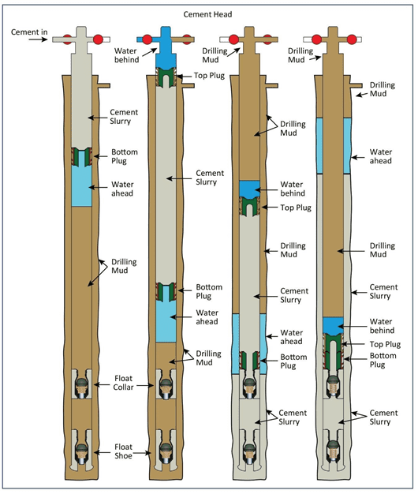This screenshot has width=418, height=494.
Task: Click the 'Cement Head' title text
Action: click(207, 14)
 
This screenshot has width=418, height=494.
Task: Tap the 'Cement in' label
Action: click(29, 32)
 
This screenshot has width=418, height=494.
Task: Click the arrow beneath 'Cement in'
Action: click(38, 39)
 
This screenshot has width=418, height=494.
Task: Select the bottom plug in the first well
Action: click(81, 156)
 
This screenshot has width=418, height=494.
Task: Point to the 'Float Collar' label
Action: click(123, 383)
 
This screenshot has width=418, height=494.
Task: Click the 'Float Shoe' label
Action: click(123, 451)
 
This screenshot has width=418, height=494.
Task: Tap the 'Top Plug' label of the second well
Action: click(209, 76)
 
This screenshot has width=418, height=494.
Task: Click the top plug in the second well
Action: click(166, 77)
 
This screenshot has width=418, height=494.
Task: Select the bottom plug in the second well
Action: click(166, 291)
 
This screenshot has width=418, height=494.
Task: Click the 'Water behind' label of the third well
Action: click(293, 189)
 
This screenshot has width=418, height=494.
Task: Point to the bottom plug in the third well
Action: click(249, 361)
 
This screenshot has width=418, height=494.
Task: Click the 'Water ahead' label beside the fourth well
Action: click(381, 156)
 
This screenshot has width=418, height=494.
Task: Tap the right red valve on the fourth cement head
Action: click(352, 39)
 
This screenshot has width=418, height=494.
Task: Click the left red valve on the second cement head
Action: click(147, 39)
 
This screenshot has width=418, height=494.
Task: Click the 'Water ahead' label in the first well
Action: click(122, 189)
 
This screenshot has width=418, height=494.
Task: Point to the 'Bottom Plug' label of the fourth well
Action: click(383, 360)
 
